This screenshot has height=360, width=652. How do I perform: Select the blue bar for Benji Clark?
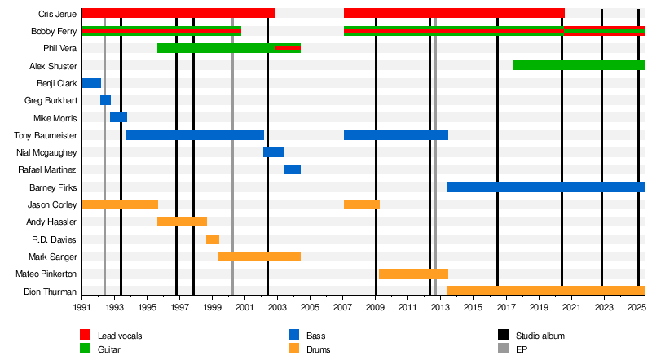coord(91,83)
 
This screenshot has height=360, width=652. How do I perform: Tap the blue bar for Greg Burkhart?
coord(105,100)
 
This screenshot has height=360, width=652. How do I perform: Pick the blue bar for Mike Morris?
coord(118,117)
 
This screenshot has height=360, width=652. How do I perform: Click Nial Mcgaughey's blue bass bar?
coord(273,152)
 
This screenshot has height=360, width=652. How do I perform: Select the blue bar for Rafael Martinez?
coord(292,169)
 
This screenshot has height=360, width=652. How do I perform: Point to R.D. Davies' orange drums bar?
coord(212,239)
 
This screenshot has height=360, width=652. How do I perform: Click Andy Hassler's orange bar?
coord(182,222)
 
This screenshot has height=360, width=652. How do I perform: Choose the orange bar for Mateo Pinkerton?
coord(413,274)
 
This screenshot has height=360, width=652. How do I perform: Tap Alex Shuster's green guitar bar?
coord(578,65)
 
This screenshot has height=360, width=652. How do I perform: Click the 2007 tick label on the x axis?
coord(343,310)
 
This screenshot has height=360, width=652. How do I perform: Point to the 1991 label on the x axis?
coord(82,310)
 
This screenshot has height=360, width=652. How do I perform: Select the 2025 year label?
coord(637,310)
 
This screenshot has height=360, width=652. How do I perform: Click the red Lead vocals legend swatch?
coord(85,336)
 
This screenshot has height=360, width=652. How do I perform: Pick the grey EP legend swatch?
coord(503,350)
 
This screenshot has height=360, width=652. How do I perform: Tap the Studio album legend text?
coord(540,336)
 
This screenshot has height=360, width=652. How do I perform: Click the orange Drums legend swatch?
coord(294,350)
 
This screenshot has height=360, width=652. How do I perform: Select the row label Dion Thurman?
coord(51,292)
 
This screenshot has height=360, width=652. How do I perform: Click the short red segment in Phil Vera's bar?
coord(288,48)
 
